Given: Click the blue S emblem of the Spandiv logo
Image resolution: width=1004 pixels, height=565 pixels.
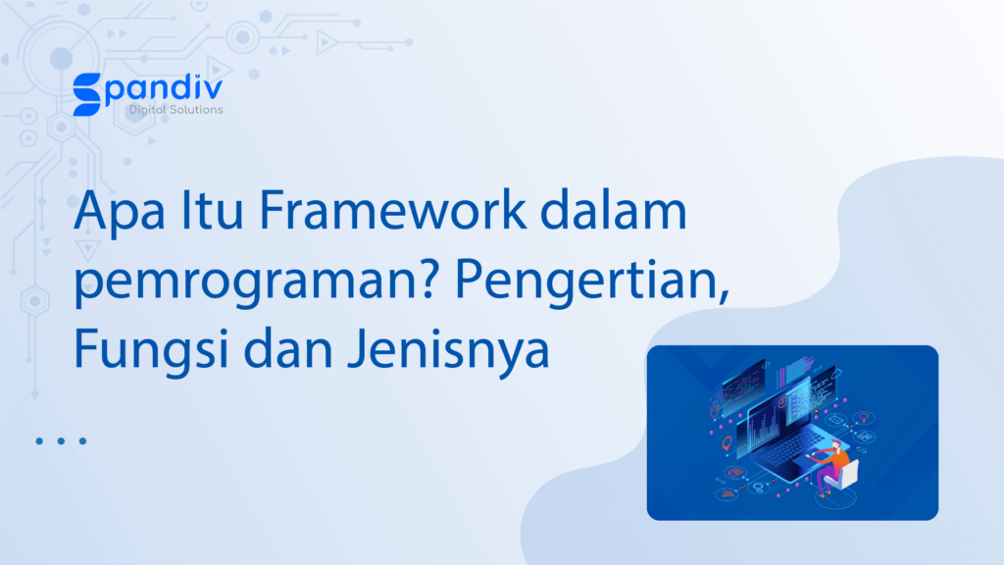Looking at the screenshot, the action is tap(87, 94).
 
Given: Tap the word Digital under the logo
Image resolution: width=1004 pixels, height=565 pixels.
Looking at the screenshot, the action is tap(145, 110).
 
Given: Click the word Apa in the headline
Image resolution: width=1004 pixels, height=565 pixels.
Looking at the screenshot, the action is tap(119, 213).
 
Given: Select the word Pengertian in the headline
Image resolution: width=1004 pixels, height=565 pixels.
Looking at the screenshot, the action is tap(591, 281).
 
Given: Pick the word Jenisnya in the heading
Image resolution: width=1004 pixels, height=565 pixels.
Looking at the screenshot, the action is tap(449, 350).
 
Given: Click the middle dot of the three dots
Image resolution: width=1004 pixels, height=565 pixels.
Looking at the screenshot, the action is tap(61, 440).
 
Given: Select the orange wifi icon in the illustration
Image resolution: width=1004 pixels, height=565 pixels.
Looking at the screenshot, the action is tap(727, 494).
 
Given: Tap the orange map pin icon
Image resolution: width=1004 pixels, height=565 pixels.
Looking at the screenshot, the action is tap(727, 443).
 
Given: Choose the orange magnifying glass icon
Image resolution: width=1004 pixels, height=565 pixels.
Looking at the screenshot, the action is tap(864, 418).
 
